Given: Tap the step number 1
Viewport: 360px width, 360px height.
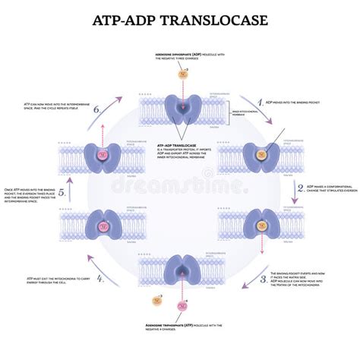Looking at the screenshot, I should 261,100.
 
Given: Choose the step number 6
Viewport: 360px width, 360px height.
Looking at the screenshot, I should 96,109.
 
